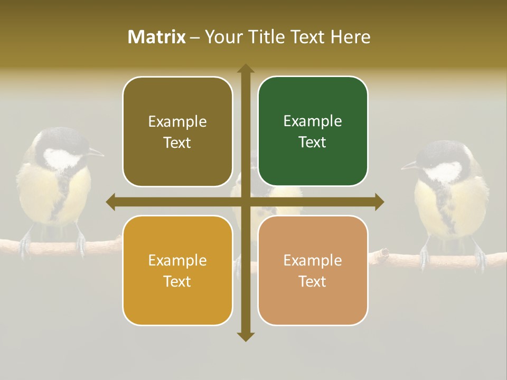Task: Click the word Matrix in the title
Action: click(157, 37)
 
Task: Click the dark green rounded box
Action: click(313, 131)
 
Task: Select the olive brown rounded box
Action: click(177, 131)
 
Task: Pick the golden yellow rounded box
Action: click(177, 270)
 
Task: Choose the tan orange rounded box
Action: click(313, 270)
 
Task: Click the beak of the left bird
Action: click(97, 153)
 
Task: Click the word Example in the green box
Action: click(313, 121)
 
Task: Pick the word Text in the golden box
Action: click(177, 281)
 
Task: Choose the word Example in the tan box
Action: click(313, 260)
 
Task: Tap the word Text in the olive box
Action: click(177, 142)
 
